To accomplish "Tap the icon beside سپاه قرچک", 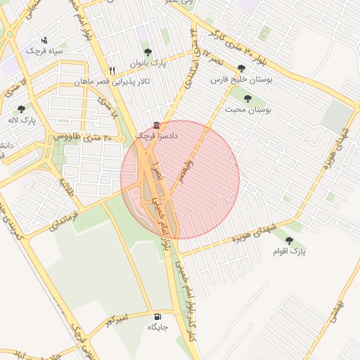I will (x=45, y=40).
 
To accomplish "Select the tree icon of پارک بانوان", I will (x=147, y=51).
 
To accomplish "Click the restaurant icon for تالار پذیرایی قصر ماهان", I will (x=112, y=70).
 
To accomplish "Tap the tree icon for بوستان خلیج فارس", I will (x=242, y=68).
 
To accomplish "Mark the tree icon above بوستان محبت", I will (x=247, y=98).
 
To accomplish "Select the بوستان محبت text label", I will (x=248, y=110).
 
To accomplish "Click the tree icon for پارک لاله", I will (x=21, y=109).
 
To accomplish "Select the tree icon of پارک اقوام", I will (x=289, y=240).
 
